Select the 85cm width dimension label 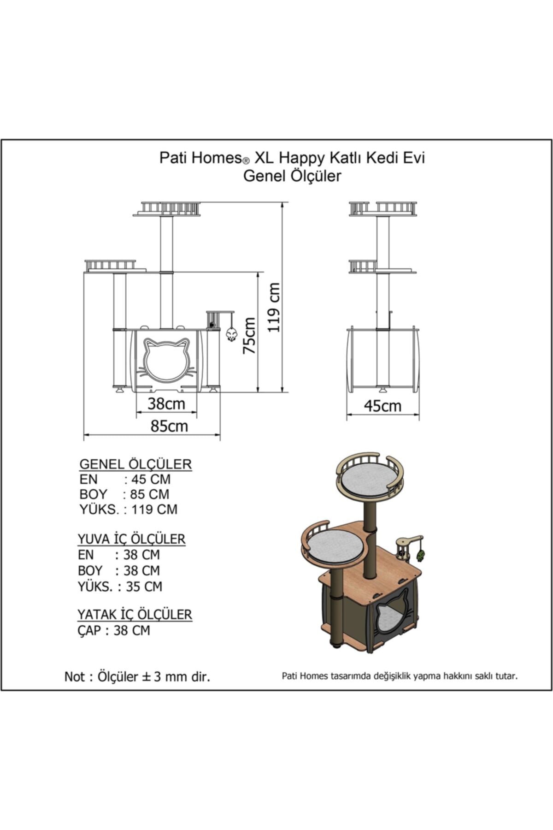click(169, 426)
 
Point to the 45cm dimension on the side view click(382, 406)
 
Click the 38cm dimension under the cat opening click(166, 404)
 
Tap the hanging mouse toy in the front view click(231, 333)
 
